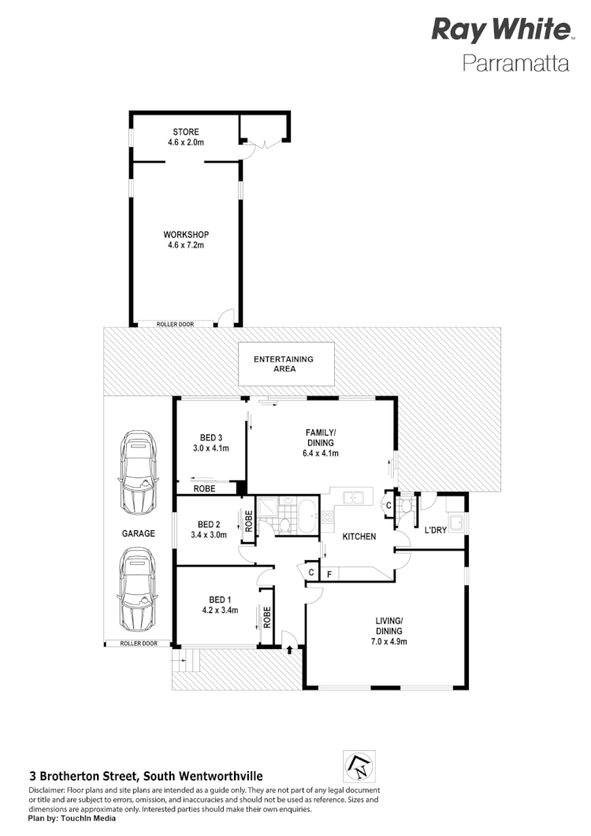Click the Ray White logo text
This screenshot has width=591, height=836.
pyautogui.click(x=500, y=31)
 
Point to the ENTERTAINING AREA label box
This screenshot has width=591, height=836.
pyautogui.click(x=283, y=364)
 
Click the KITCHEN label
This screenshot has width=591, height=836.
pyautogui.click(x=359, y=537)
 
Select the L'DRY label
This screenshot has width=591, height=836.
pyautogui.click(x=436, y=530)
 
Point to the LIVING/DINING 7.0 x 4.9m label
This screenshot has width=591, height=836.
pyautogui.click(x=389, y=631)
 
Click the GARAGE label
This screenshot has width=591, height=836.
pyautogui.click(x=139, y=533)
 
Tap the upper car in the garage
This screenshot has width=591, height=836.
pyautogui.click(x=139, y=474)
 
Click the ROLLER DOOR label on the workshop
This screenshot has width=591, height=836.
pyautogui.click(x=175, y=323)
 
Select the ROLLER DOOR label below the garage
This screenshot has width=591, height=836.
pyautogui.click(x=139, y=644)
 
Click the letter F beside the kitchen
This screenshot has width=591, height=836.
pyautogui.click(x=329, y=573)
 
